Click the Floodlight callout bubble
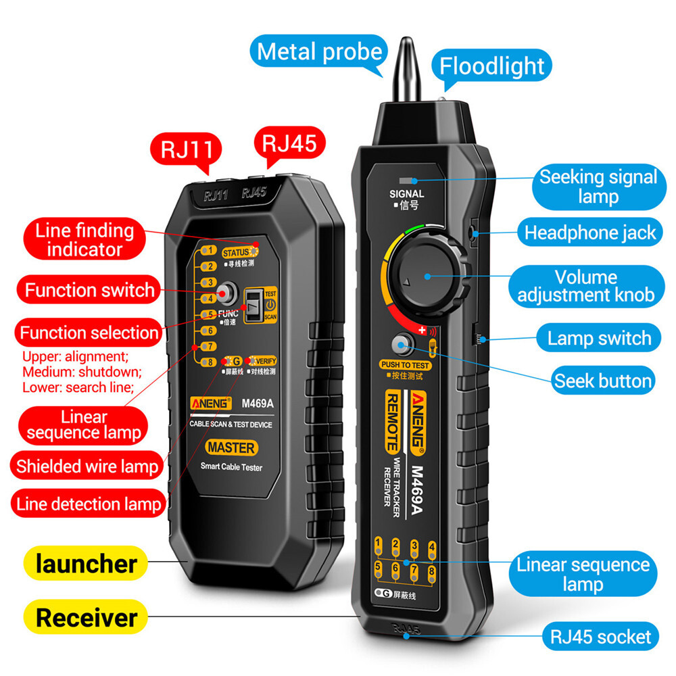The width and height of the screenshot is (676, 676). point(492,66)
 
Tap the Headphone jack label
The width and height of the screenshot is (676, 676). point(590,233)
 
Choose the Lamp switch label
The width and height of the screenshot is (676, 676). point(599,338)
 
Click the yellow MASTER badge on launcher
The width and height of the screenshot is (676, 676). point(231,448)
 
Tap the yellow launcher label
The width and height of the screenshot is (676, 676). point(86,564)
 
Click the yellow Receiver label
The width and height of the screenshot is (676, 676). point(86,617)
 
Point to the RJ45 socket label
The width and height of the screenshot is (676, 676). point(600,636)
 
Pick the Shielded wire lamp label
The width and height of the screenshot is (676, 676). point(87,466)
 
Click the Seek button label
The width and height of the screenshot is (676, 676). point(602,381)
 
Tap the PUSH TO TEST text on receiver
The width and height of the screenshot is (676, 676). point(406,366)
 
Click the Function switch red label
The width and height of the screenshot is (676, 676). point(89,291)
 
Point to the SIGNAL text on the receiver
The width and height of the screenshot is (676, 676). point(407,194)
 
